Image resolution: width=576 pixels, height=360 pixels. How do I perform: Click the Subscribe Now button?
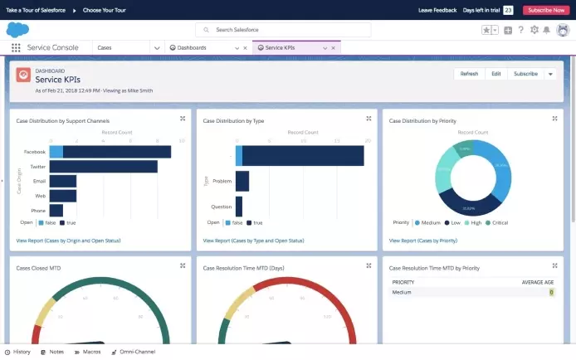point(546,10)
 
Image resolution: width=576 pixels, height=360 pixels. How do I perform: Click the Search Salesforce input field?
point(286,30)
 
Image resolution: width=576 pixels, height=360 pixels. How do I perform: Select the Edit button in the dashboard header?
point(495,74)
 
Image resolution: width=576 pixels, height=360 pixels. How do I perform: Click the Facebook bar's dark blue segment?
point(116,152)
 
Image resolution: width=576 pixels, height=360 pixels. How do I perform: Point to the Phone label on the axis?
point(38,211)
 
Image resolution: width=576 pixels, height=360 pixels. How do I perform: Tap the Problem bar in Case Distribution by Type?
point(242,181)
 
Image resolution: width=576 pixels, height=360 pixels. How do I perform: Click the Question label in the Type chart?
point(222,207)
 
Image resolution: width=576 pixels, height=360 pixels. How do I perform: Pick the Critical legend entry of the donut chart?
point(500,223)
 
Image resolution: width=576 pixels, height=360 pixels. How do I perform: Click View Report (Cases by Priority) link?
point(423,241)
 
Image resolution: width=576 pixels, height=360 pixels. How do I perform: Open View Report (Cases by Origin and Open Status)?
point(68,241)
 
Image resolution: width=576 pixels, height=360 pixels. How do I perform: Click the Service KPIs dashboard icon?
point(24,75)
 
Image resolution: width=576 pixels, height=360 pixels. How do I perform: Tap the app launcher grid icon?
point(16,48)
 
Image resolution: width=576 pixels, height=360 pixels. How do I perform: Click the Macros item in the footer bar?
point(91,353)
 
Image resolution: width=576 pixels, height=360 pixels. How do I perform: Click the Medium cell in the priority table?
point(402,292)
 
